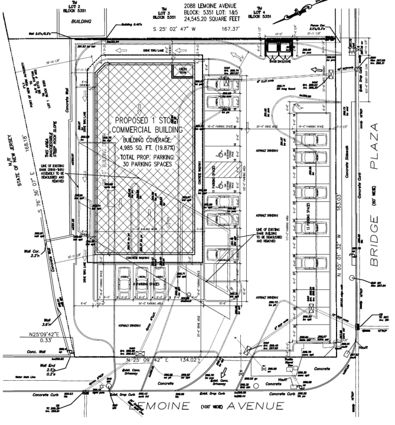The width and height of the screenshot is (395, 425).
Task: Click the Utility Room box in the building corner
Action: (178, 71)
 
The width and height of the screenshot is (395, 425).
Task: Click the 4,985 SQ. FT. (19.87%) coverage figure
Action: (146, 147)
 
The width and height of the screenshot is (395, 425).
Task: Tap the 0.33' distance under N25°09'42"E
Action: (48, 340)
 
